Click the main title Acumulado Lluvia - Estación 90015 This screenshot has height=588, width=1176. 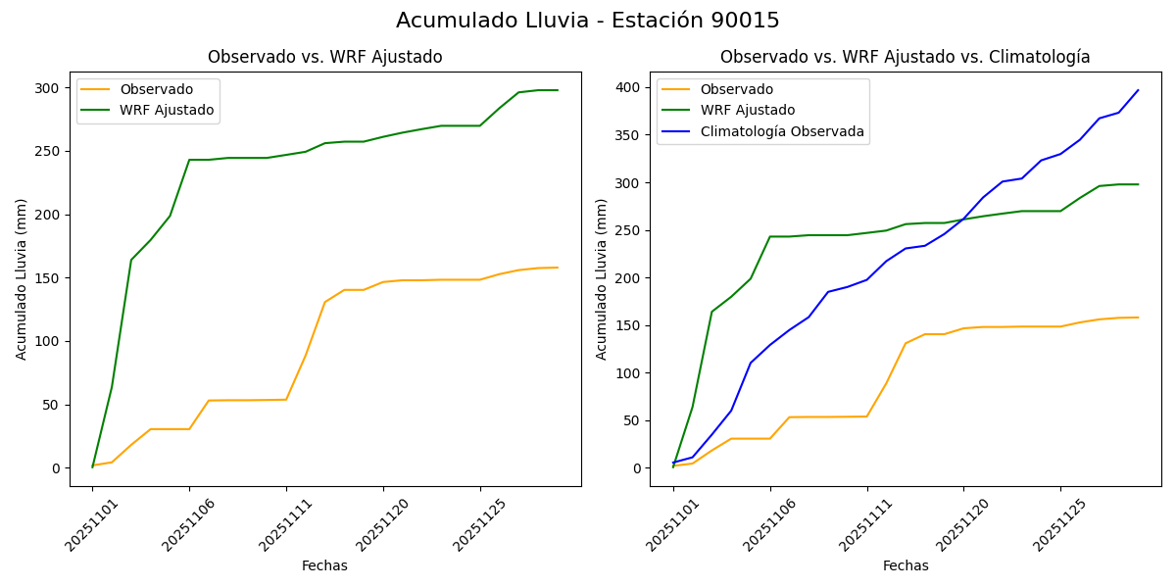[588, 21]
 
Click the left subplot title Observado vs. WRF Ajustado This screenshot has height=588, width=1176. [324, 57]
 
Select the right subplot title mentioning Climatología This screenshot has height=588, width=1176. [905, 57]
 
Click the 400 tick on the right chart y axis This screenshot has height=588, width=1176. [628, 88]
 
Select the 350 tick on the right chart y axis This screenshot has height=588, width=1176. [628, 135]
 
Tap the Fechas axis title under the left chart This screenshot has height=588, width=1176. [324, 565]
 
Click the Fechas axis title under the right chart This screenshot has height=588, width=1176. [906, 565]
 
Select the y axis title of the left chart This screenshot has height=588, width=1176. [22, 278]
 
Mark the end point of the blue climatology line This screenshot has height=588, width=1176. [1138, 90]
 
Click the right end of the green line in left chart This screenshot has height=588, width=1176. [558, 90]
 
